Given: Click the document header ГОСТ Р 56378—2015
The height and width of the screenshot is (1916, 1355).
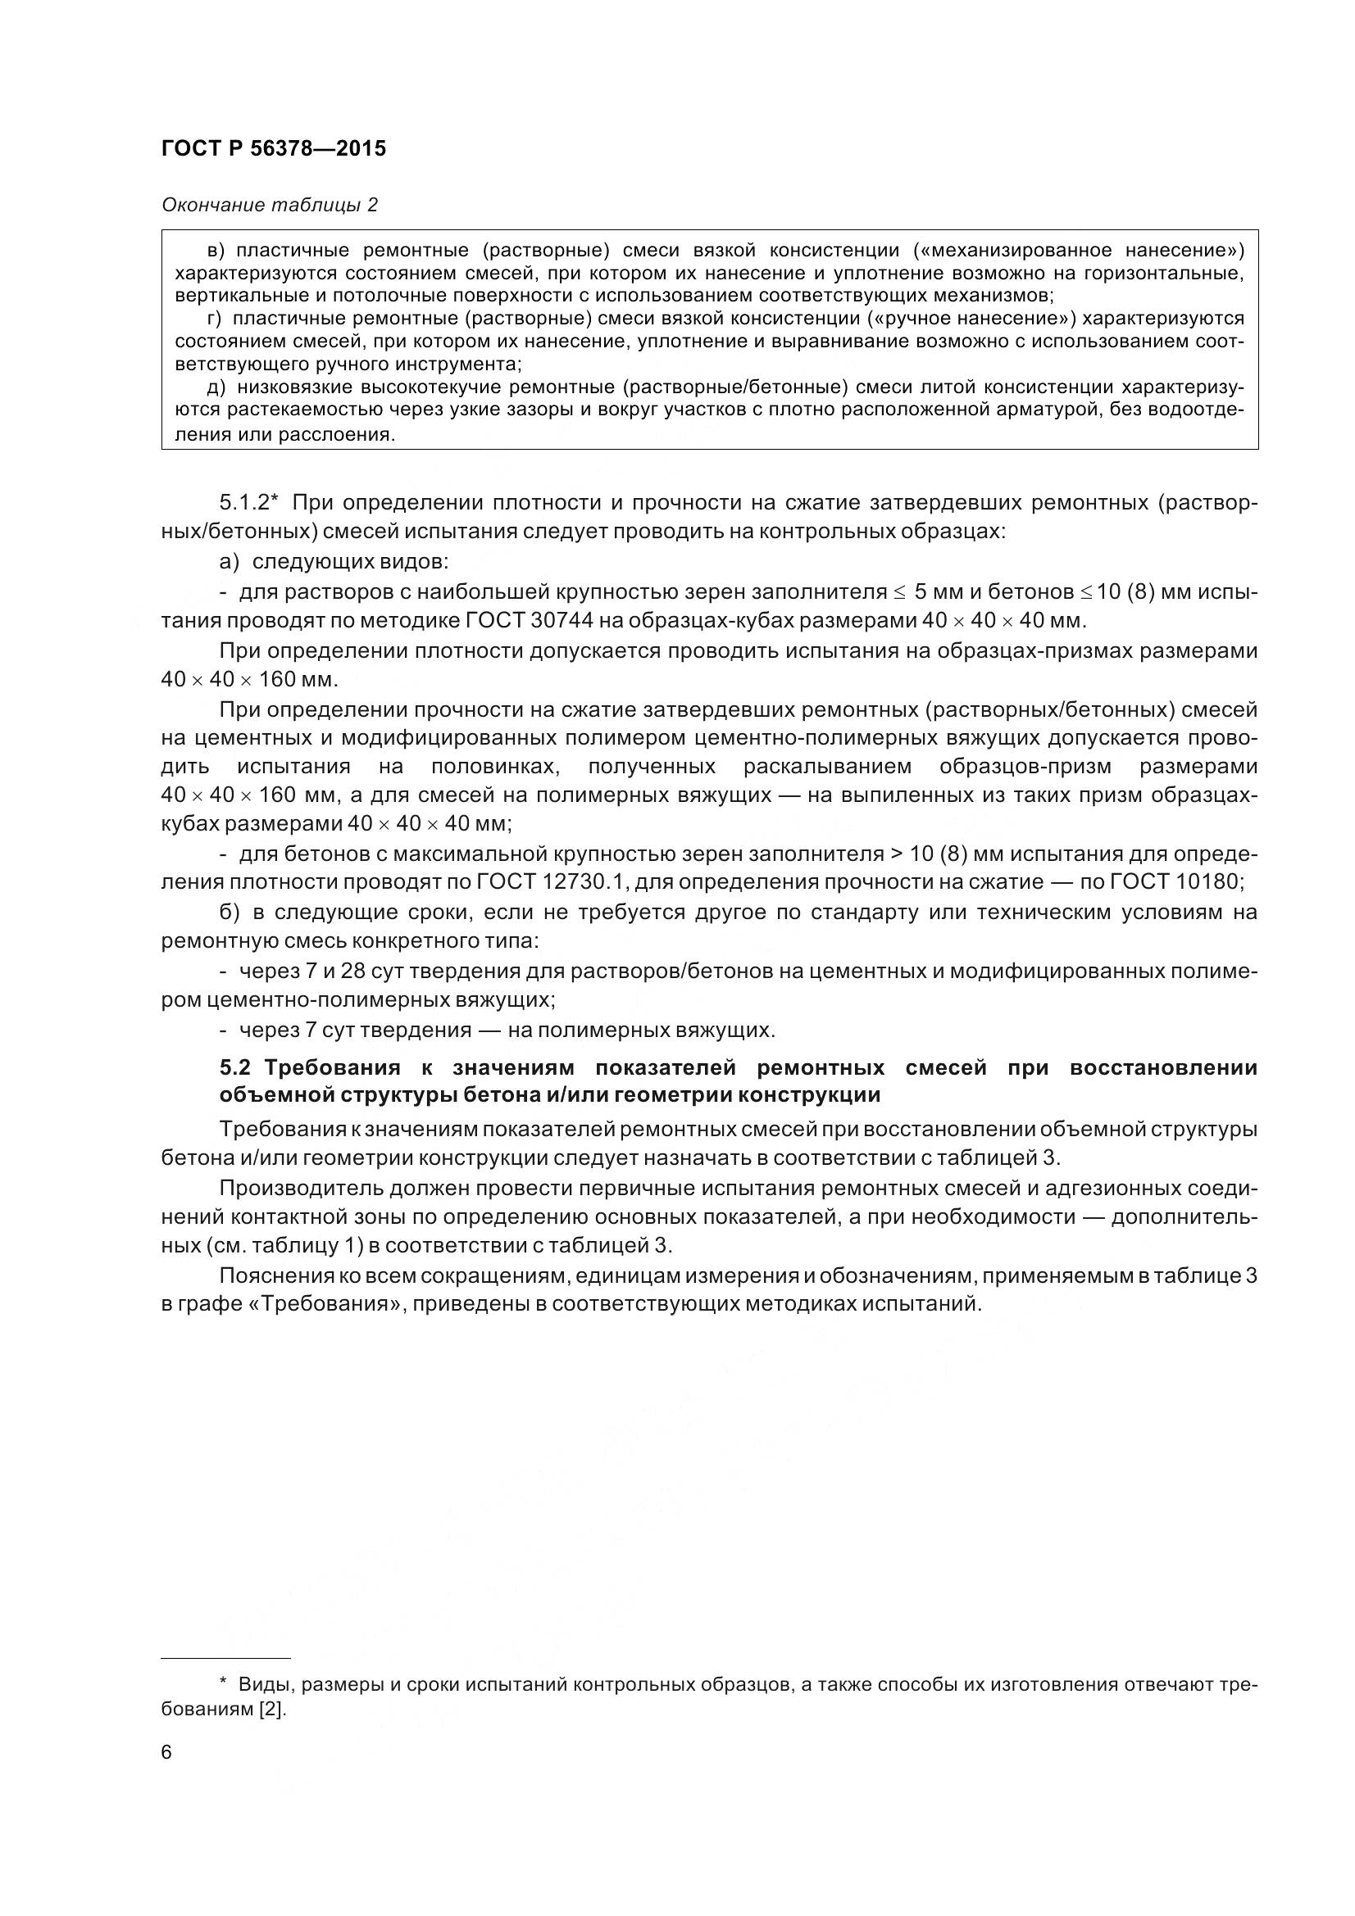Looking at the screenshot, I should point(273,148).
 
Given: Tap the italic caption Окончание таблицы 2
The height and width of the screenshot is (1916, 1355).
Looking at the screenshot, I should point(269,205).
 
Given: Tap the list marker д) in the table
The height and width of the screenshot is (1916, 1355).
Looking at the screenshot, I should point(216,387).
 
